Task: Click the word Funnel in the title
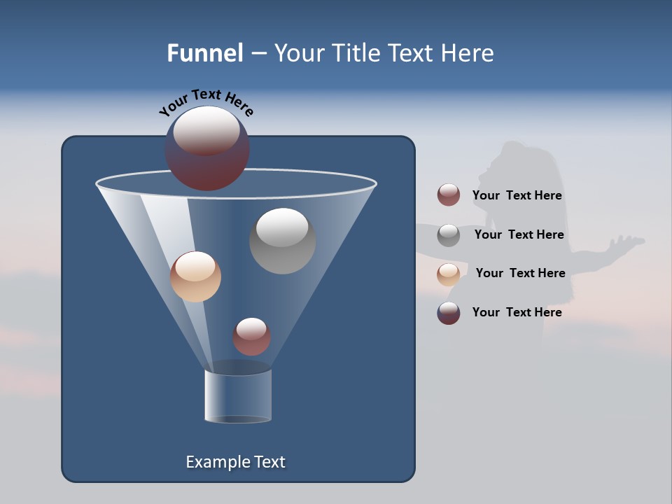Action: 204,53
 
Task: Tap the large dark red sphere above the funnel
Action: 207,149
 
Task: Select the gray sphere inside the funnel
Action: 282,241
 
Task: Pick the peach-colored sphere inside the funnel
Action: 195,276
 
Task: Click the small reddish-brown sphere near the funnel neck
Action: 251,337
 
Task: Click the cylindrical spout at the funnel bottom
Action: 238,396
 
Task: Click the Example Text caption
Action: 235,462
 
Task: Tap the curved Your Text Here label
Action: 206,102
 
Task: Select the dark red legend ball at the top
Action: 449,195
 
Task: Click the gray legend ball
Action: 449,235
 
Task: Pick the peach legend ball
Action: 449,274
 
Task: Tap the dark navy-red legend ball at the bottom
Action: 449,313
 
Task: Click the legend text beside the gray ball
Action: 519,234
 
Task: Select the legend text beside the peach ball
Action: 520,273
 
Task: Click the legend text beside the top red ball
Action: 517,195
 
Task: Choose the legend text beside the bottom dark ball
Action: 517,312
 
